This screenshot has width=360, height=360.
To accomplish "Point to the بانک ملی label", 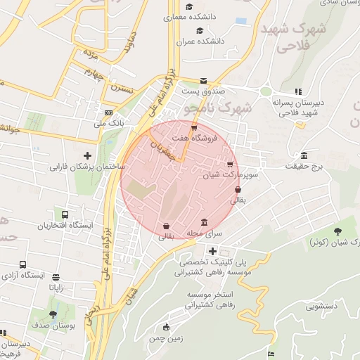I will [109, 124].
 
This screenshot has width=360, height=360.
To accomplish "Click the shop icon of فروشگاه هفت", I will [194, 127].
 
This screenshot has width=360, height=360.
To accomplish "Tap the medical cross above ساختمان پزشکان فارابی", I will [87, 155].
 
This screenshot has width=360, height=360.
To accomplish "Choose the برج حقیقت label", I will [303, 167].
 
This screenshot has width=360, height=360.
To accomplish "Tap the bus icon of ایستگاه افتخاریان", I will [65, 214].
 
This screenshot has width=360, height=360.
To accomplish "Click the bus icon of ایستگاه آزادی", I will [23, 264].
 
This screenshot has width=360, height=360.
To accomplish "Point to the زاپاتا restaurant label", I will [56, 288].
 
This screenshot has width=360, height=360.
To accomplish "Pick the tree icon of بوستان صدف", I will [53, 314].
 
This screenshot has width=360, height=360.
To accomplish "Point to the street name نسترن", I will [120, 90].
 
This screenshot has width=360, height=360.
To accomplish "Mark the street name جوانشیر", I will [15, 129].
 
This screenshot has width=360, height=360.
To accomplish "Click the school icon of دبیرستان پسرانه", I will [299, 91].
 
